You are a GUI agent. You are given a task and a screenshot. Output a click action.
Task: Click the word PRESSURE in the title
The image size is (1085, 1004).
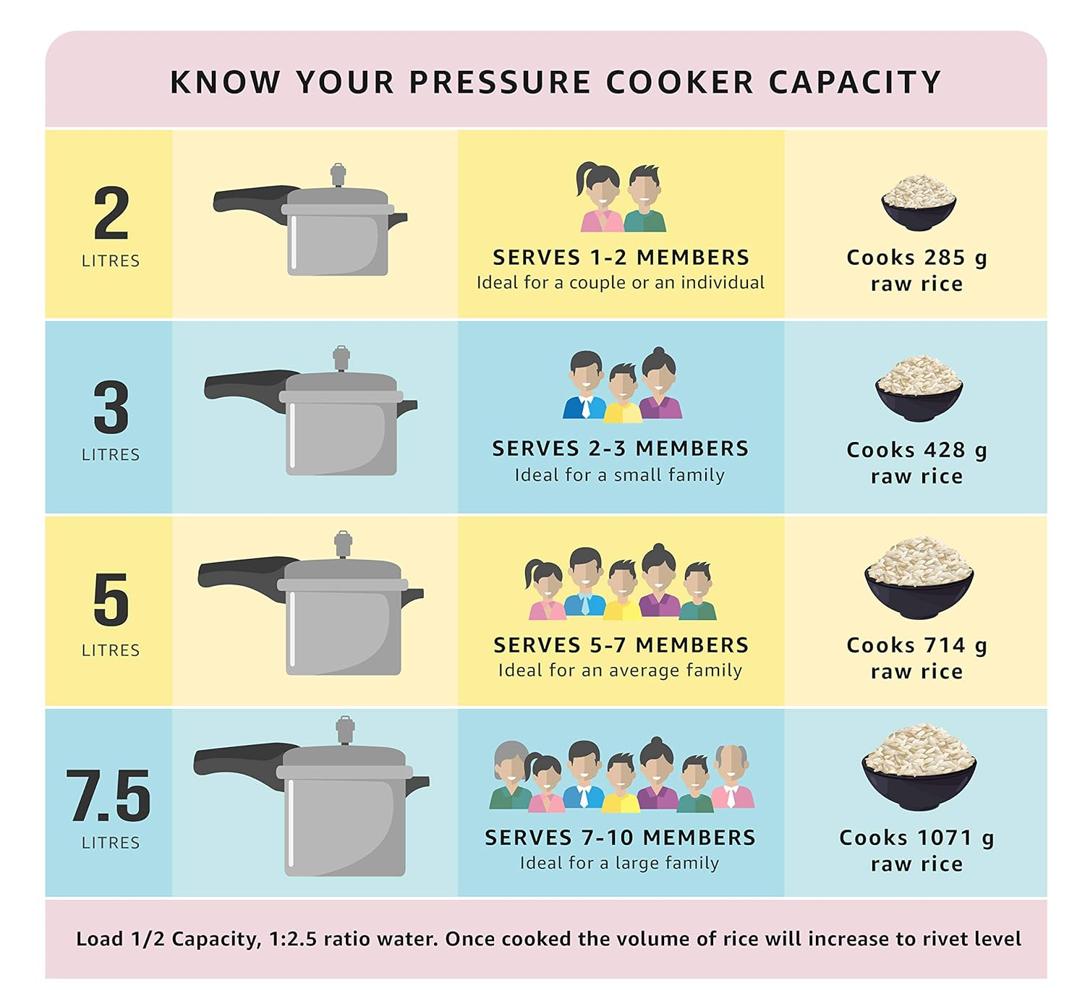[x=500, y=82]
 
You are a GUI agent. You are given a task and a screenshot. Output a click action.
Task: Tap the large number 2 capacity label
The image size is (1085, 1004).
[x=111, y=213]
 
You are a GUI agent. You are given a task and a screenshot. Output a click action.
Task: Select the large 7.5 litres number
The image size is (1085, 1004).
[x=109, y=795]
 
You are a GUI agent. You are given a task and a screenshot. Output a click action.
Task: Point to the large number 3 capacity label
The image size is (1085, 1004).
[x=111, y=407]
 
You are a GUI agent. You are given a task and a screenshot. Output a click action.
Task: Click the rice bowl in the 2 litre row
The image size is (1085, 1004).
[x=919, y=203]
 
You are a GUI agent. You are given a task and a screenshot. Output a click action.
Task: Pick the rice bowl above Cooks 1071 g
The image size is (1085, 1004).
[x=919, y=767]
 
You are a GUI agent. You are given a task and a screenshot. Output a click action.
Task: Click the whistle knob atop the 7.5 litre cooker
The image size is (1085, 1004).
[x=345, y=730]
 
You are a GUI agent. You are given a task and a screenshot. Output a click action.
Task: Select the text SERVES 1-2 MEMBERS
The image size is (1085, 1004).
[x=621, y=258]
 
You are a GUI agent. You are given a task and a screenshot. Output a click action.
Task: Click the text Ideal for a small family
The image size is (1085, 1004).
[x=619, y=475]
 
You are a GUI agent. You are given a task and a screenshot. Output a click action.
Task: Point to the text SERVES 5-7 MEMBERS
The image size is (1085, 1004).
[x=621, y=645]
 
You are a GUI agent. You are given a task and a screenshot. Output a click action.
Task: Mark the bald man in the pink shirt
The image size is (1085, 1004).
[x=733, y=776]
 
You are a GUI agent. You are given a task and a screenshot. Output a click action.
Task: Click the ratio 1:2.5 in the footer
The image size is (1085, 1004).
[x=293, y=939]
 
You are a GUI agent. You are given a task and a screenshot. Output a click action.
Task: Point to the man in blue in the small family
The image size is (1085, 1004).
[x=584, y=385]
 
